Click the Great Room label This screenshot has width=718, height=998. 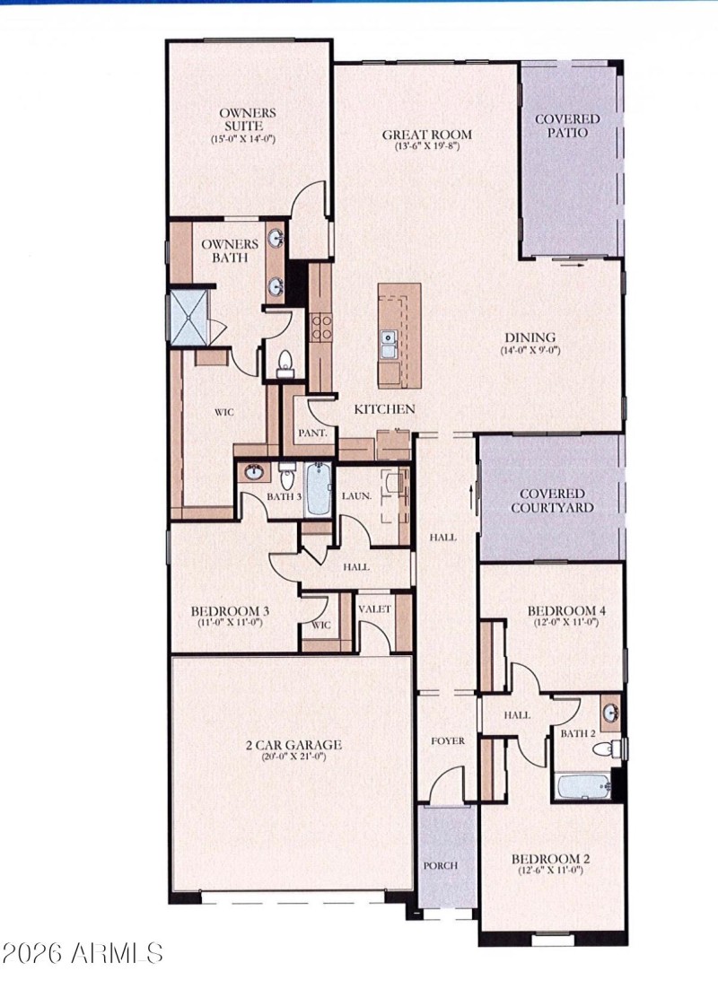click(426, 135)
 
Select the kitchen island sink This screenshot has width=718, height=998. click(388, 343)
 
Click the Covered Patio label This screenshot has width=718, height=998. click(567, 126)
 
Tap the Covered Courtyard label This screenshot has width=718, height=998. click(552, 500)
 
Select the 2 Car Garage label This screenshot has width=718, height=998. click(294, 745)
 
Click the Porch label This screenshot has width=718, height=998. click(441, 865)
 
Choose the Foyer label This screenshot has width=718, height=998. click(448, 740)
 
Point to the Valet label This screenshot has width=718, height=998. click(374, 608)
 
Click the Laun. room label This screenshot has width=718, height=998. click(356, 495)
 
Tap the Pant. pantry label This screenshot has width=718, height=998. click(313, 433)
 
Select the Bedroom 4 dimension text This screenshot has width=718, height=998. click(565, 623)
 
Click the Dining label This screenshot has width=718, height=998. click(530, 337)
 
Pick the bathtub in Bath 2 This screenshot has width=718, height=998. click(583, 787)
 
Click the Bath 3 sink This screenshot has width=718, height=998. click(255, 472)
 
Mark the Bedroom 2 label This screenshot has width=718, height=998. click(550, 859)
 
